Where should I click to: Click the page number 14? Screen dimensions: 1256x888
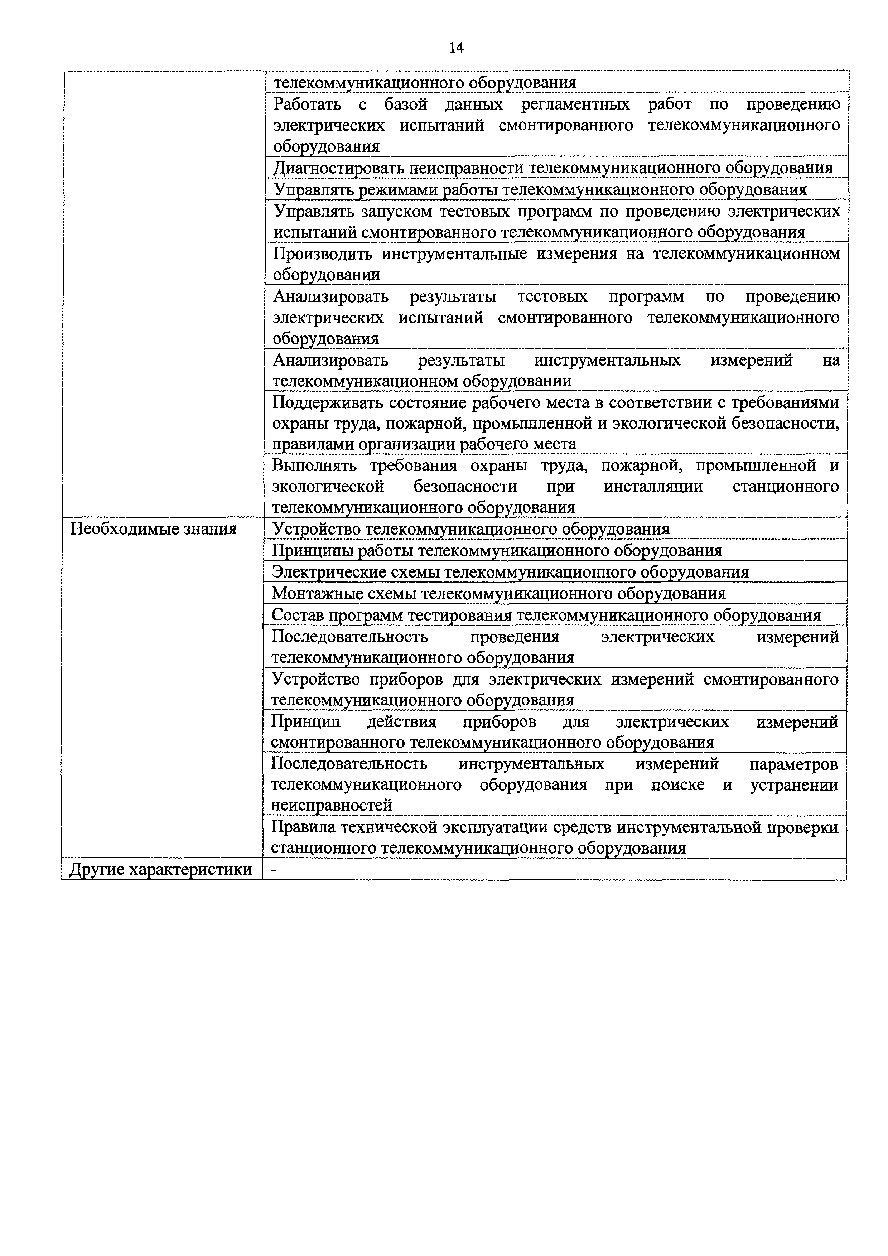(456, 48)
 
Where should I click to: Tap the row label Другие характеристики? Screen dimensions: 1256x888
(161, 869)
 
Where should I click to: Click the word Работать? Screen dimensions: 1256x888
(307, 104)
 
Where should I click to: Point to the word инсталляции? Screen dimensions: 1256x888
(653, 486)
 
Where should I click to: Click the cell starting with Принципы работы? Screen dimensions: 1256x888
(497, 550)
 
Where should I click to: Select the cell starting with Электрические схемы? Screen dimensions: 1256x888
(510, 572)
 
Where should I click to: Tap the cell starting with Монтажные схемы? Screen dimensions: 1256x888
(498, 594)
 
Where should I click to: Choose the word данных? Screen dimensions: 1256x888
(474, 104)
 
